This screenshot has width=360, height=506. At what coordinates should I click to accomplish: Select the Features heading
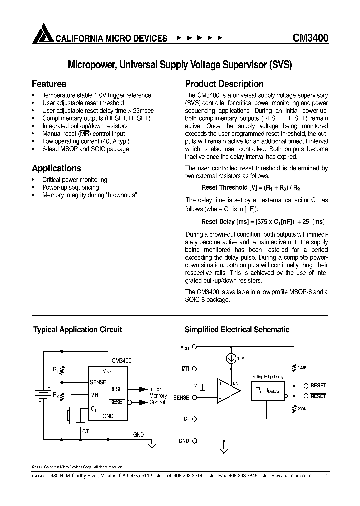pyautogui.click(x=49, y=84)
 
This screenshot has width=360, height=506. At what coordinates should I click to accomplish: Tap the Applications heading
pyautogui.click(x=56, y=168)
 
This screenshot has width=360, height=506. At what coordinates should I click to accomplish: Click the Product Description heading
pyautogui.click(x=224, y=84)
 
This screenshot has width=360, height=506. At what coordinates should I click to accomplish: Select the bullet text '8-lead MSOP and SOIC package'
pyautogui.click(x=85, y=149)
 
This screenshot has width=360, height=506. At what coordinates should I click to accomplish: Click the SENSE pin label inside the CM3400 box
pyautogui.click(x=98, y=382)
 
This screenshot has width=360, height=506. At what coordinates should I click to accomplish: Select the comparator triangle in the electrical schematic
pyautogui.click(x=227, y=390)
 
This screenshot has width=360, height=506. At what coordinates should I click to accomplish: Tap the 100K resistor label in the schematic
pyautogui.click(x=302, y=367)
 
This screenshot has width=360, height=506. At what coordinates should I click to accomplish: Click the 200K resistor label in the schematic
pyautogui.click(x=302, y=408)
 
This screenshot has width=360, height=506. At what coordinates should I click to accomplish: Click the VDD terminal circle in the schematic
pyautogui.click(x=195, y=346)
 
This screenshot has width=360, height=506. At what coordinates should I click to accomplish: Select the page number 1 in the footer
pyautogui.click(x=326, y=476)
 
